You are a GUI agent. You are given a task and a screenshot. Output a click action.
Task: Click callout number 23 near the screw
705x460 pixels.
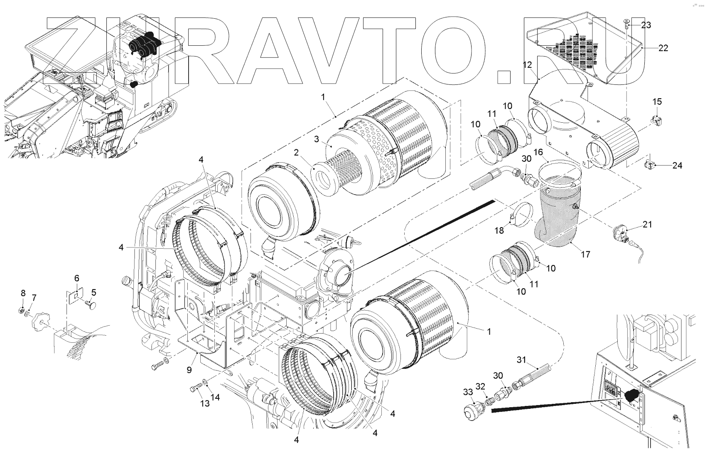pos(646,25)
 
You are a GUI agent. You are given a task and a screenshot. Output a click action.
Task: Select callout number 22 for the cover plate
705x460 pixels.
pos(663,48)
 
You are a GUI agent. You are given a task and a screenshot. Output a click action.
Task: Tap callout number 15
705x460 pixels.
pos(657,102)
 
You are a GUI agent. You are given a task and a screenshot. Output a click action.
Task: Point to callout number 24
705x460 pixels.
pos(677,166)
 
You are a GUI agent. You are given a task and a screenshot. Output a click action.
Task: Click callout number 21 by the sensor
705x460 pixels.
pos(647,225)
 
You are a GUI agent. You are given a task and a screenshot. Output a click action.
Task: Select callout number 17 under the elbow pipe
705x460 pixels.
pos(585,254)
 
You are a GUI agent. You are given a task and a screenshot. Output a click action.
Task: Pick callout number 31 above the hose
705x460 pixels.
pos(522,359)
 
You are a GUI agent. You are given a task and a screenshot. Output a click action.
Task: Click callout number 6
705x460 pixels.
pos(76,278)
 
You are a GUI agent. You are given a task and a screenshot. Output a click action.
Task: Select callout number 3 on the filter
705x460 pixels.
pos(317,139)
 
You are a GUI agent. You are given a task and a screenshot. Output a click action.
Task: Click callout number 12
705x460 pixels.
pos(527,65)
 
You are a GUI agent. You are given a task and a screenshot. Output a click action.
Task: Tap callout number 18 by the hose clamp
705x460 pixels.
pos(499,230)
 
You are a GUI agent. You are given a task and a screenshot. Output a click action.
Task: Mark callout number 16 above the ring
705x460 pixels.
pos(538,153)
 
